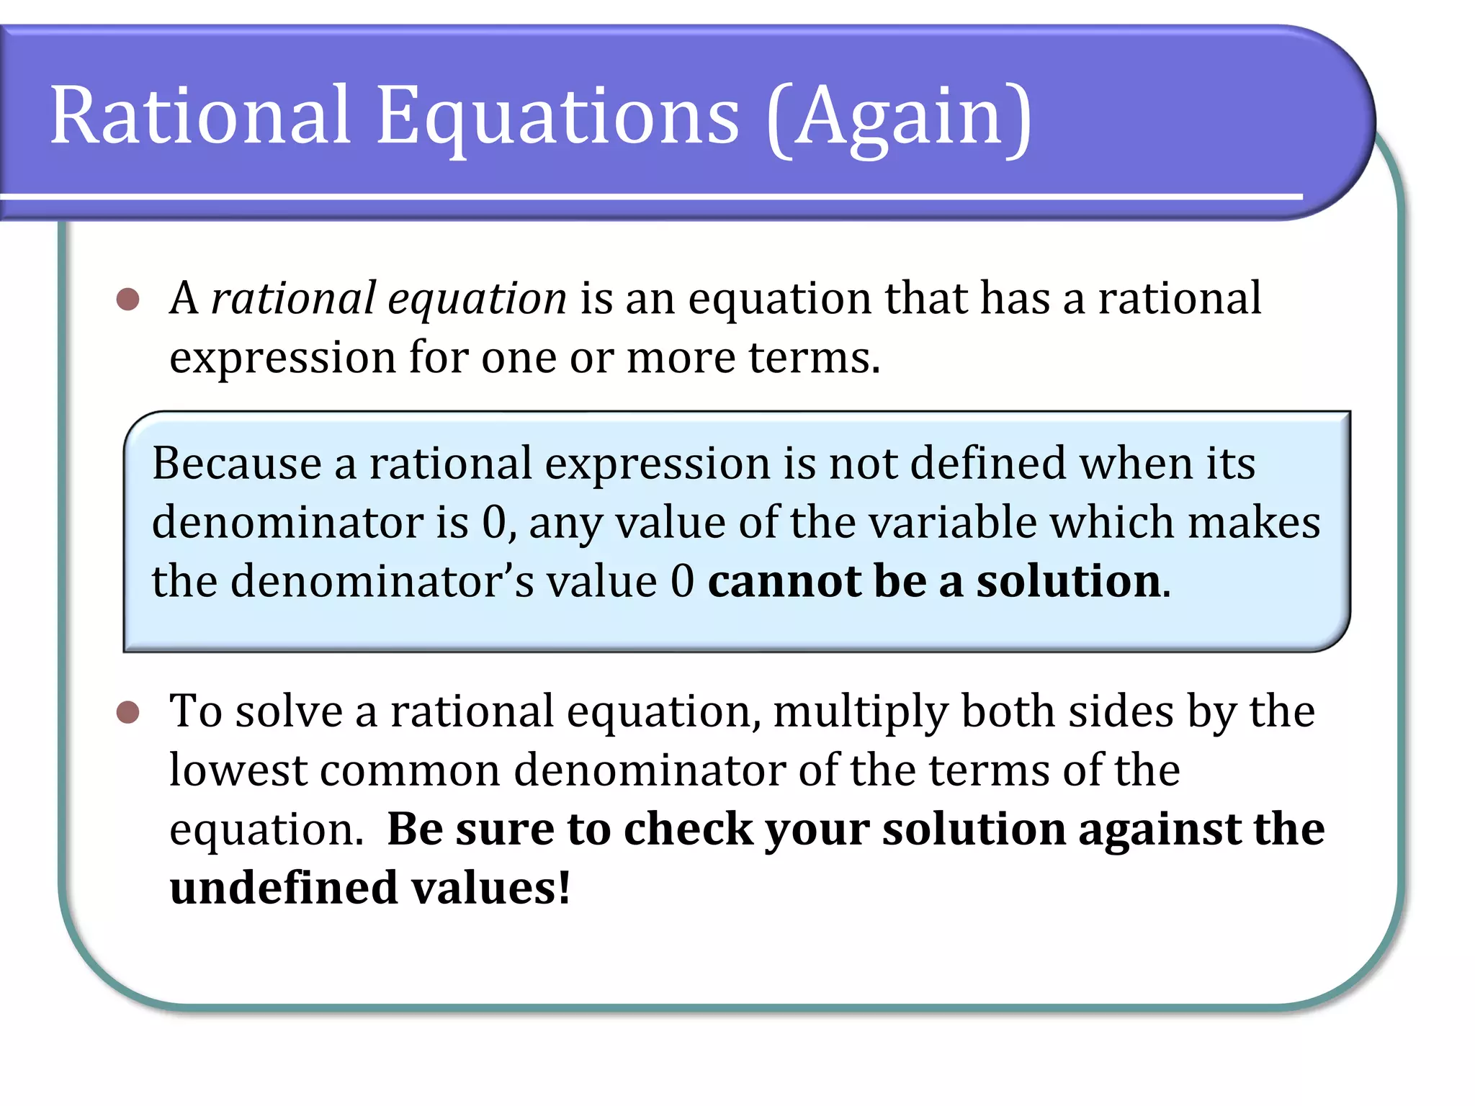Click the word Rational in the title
point(200,115)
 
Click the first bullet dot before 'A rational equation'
point(127,299)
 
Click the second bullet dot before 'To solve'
point(127,712)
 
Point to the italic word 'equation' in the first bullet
point(477,300)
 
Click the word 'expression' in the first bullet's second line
point(282,358)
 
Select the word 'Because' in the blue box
point(237,463)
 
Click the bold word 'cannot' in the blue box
point(784,581)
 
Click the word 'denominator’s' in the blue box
point(382,581)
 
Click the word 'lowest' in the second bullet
point(238,770)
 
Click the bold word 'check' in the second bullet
point(688,829)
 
